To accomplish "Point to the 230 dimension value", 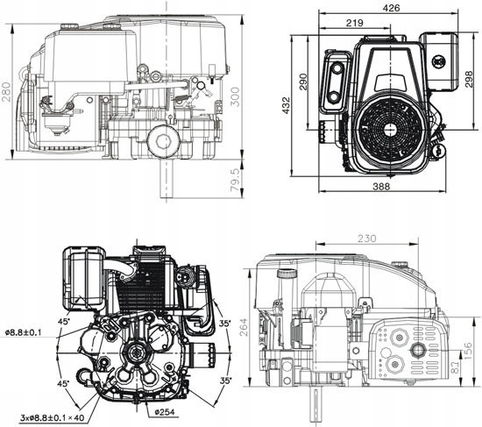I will [x=367, y=237].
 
